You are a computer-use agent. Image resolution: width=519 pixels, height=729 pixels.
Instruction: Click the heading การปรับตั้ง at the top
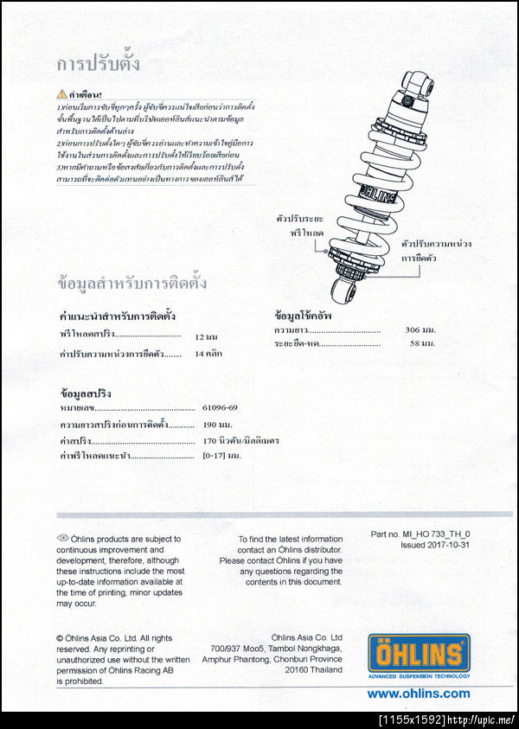click(x=98, y=65)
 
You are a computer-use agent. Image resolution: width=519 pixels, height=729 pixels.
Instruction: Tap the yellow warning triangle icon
click(x=61, y=93)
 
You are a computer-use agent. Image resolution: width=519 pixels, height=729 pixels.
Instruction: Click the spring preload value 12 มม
click(x=206, y=336)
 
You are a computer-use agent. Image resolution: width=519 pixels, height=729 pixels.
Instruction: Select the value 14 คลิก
click(x=208, y=354)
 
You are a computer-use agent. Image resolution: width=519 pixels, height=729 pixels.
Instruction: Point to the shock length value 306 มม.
click(x=420, y=329)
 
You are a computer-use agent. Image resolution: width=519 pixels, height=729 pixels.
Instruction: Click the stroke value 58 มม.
click(x=422, y=343)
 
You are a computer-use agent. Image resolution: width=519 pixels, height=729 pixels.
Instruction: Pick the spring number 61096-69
click(x=220, y=406)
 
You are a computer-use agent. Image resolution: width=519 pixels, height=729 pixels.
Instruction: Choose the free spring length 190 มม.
click(x=217, y=424)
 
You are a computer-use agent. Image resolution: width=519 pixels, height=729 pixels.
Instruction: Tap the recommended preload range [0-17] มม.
click(x=221, y=455)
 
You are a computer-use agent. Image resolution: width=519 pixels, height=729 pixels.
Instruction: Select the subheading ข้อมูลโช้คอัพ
click(x=304, y=316)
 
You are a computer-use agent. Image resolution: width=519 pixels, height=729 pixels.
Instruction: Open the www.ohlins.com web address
click(x=419, y=693)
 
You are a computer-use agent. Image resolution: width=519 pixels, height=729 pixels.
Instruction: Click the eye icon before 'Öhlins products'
click(x=62, y=538)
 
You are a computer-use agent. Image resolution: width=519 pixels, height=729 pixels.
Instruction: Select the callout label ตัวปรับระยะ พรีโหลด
click(x=298, y=227)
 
